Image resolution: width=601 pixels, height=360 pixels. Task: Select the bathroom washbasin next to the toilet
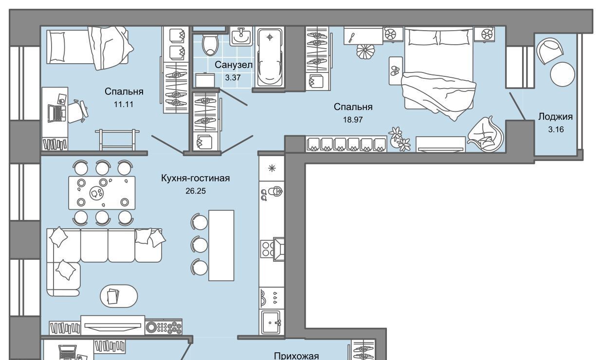(x=241, y=36)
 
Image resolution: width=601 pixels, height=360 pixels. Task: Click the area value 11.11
(x=124, y=104)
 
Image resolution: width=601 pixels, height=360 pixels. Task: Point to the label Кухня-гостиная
(x=195, y=178)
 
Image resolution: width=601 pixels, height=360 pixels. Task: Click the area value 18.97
(x=353, y=120)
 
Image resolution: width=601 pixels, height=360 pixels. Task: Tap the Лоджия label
(x=555, y=117)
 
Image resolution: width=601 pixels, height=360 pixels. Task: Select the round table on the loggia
(x=563, y=74)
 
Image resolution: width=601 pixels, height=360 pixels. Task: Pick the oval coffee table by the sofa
(x=119, y=296)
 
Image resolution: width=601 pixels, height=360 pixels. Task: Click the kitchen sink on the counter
(x=271, y=322)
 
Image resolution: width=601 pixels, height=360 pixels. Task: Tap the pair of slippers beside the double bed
(x=395, y=71)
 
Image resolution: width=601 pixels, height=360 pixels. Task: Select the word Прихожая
(x=296, y=356)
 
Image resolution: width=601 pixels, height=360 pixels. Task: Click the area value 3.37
(x=233, y=78)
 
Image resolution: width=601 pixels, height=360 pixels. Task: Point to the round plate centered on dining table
(x=96, y=193)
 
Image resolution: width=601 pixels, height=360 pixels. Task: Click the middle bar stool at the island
(x=199, y=244)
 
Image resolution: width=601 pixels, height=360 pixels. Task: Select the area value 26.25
(x=196, y=191)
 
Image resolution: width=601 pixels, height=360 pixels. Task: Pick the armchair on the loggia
(x=549, y=51)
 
